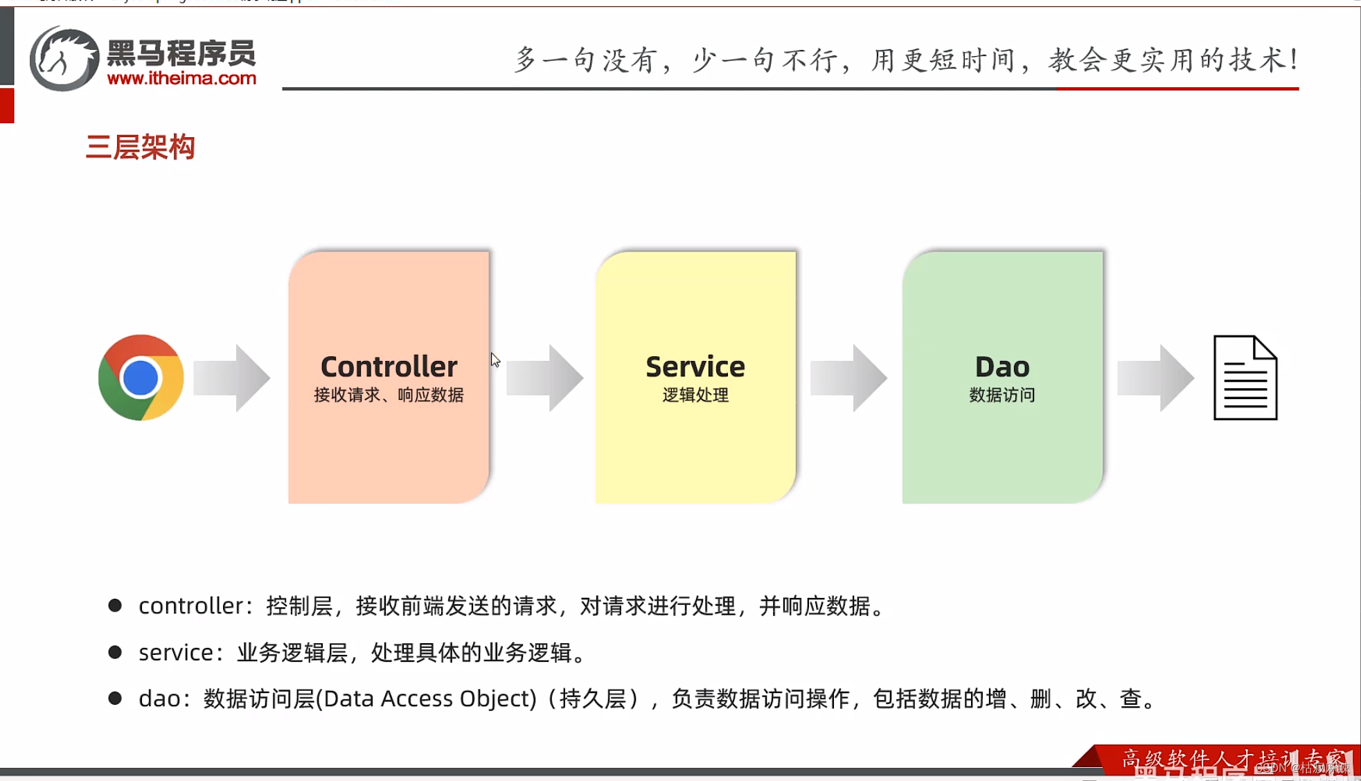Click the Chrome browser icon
(141, 378)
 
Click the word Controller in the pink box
(389, 366)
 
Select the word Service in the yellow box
(695, 366)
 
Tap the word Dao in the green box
(1002, 366)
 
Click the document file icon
(1245, 378)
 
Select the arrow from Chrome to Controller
(232, 378)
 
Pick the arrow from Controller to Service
(545, 378)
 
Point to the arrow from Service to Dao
(848, 378)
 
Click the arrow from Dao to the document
(1155, 378)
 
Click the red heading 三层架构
(140, 147)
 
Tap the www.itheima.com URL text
(181, 78)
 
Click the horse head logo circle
(64, 59)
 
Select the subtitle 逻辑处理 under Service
(695, 395)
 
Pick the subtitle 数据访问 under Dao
(1002, 395)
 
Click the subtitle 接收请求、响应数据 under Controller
(389, 395)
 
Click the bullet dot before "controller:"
(115, 606)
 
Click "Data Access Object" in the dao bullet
(430, 698)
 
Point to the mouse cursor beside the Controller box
(495, 360)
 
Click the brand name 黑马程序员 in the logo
(181, 53)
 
